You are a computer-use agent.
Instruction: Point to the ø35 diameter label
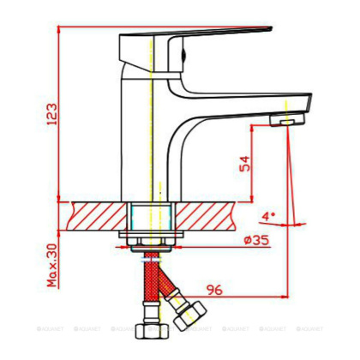point(256,241)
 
